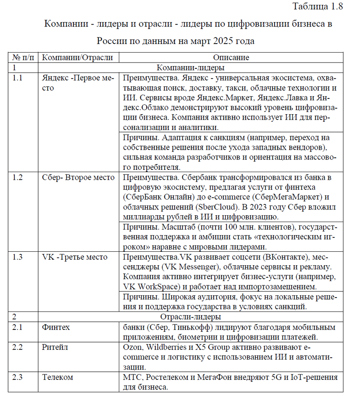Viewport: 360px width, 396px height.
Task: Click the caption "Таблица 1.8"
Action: coord(317,6)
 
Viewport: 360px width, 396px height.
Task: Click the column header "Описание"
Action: coord(231,58)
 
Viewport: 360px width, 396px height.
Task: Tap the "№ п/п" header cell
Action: coord(23,58)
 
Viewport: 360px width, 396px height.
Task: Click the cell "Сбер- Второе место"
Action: coord(78,177)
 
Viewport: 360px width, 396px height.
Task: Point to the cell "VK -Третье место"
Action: coord(75,257)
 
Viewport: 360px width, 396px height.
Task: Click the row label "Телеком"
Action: coord(57,377)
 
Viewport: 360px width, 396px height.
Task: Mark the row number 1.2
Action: coord(18,177)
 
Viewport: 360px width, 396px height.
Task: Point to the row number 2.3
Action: coord(18,377)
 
